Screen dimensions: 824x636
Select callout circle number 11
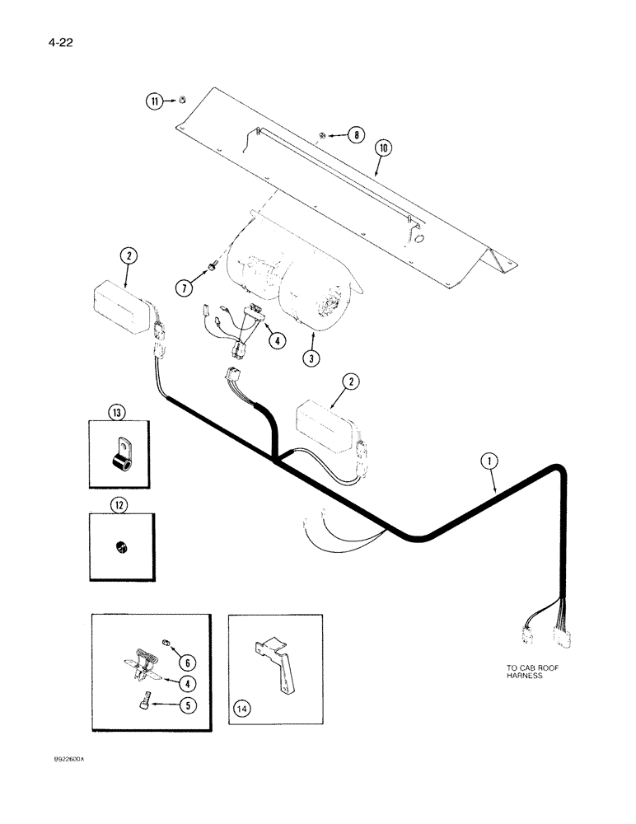point(155,101)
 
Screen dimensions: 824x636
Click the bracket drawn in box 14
point(275,659)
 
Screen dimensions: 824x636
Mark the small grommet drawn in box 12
point(120,545)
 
